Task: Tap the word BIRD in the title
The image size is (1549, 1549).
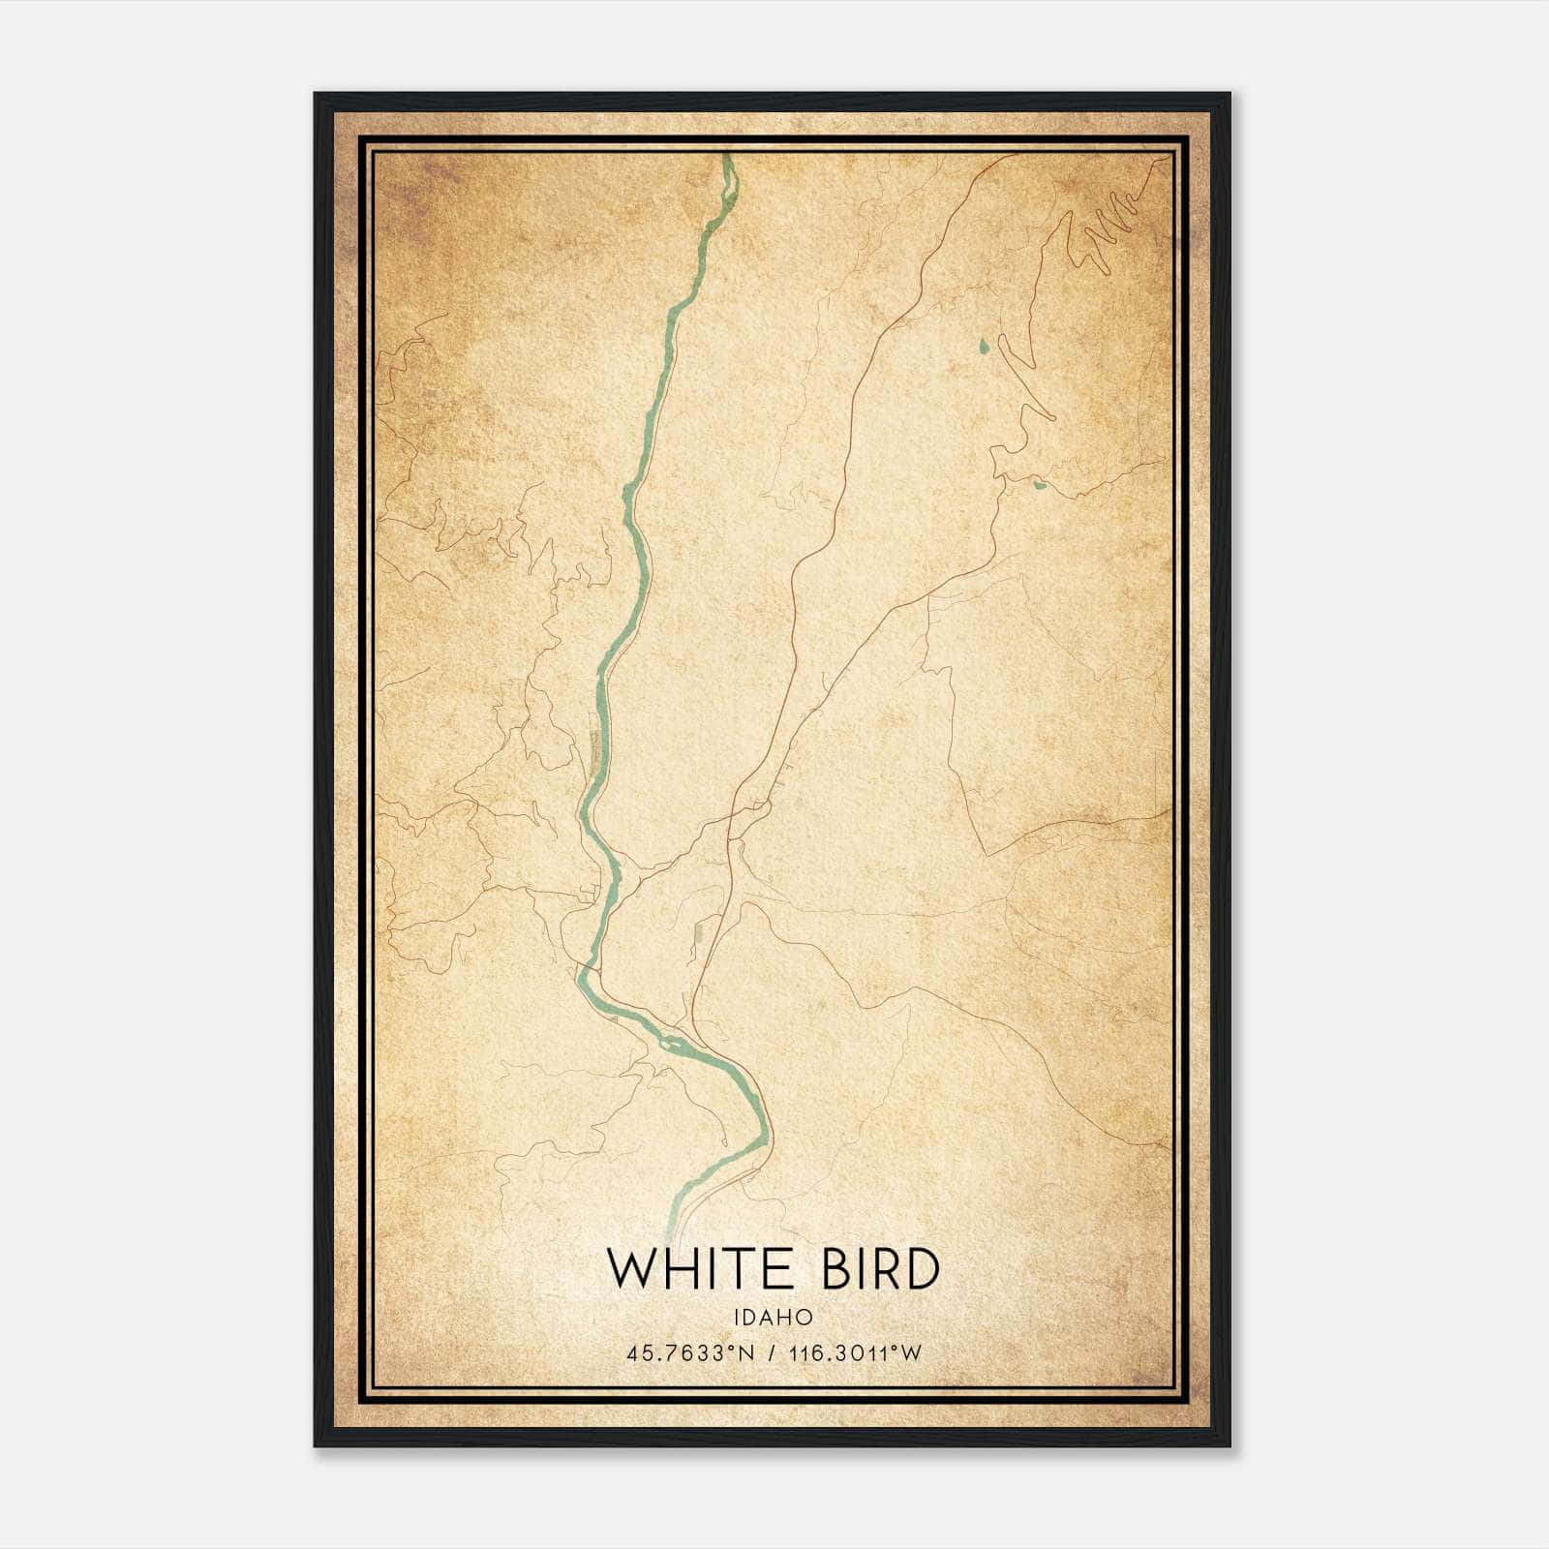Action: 879,1269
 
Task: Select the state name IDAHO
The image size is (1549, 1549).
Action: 773,1318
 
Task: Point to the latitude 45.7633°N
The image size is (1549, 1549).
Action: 688,1353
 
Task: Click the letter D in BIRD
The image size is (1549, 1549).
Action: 921,1269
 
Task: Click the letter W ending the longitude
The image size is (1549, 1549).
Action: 911,1353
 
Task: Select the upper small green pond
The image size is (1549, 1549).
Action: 984,344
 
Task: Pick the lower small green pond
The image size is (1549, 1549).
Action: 1040,484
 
